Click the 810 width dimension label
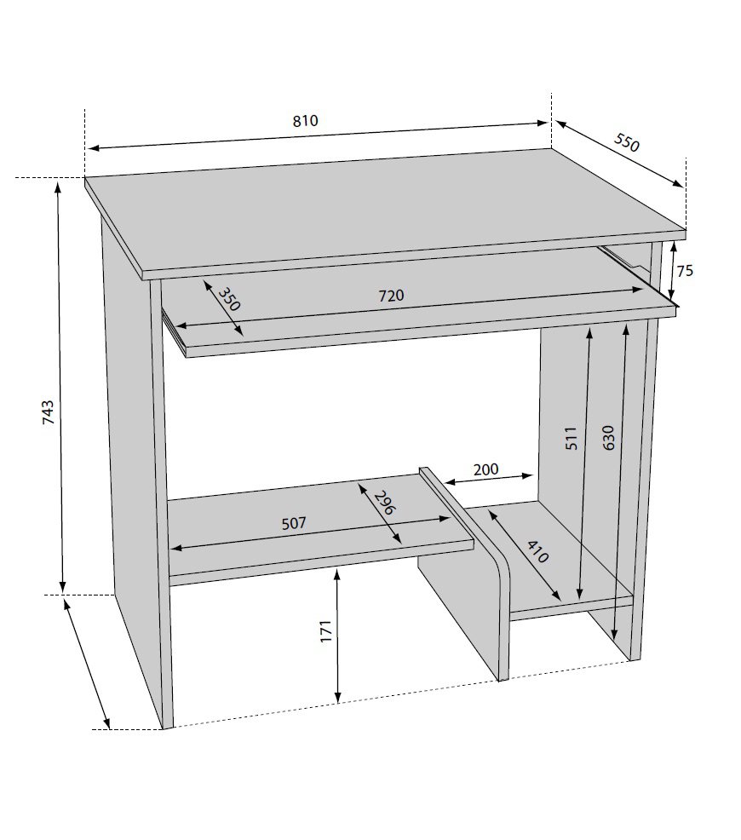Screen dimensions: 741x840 [x=305, y=120]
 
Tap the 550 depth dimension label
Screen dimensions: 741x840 [x=626, y=142]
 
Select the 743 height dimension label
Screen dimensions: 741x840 [x=49, y=412]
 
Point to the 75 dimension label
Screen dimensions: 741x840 [x=685, y=271]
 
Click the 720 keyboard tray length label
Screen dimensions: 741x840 [x=392, y=295]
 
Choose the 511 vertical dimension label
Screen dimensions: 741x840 [x=572, y=438]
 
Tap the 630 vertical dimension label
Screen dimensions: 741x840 [x=609, y=437]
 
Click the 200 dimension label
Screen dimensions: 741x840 [x=485, y=469]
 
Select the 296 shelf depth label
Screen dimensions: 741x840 [x=384, y=502]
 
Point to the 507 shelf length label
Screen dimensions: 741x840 [x=294, y=523]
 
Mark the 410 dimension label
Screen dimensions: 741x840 [x=537, y=552]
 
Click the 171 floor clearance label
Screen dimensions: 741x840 [x=326, y=631]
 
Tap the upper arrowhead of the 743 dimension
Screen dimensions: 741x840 [x=59, y=187]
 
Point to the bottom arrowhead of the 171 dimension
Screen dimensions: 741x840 [x=338, y=697]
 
